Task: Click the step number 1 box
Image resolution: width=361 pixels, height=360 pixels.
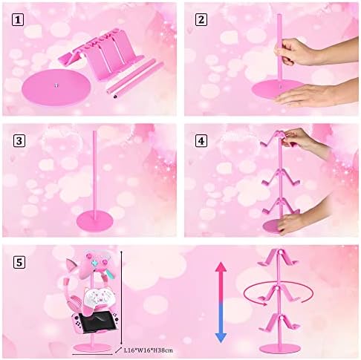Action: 18,20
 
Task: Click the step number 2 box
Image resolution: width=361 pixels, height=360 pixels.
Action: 201,20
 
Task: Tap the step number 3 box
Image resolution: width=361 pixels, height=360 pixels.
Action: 19,141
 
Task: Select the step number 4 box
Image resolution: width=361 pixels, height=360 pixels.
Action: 201,141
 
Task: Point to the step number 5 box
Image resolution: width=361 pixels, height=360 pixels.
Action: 19,262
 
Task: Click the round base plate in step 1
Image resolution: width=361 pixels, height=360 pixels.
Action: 56,88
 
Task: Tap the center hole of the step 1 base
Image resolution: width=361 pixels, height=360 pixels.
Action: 56,85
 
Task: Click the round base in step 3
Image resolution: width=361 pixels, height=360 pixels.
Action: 95,221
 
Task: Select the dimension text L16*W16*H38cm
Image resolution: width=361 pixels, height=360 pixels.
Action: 149,350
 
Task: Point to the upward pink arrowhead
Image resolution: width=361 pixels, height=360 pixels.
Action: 221,267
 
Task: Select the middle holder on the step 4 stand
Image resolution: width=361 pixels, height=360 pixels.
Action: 281,179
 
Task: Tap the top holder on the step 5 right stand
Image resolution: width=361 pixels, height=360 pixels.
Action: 279,258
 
